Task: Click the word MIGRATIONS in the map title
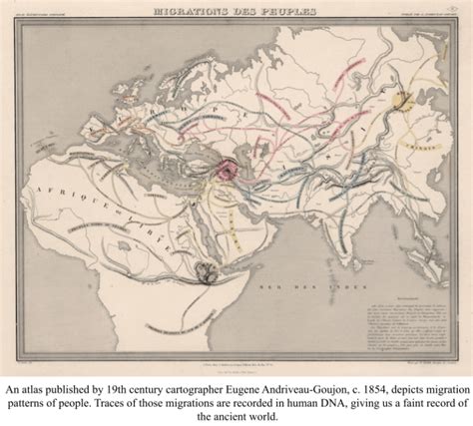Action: (x=195, y=12)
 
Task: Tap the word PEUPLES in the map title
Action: (x=282, y=12)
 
